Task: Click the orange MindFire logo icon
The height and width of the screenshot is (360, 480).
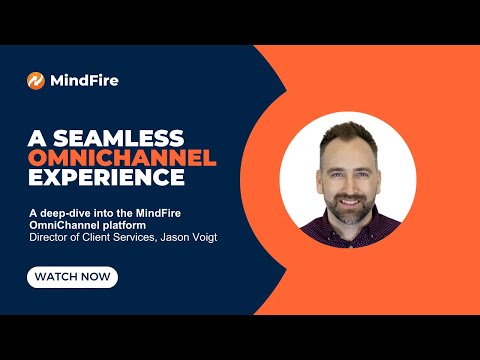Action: tap(36, 80)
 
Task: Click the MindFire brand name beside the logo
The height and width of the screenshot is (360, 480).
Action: tap(85, 80)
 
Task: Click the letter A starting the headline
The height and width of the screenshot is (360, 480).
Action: tap(35, 137)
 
